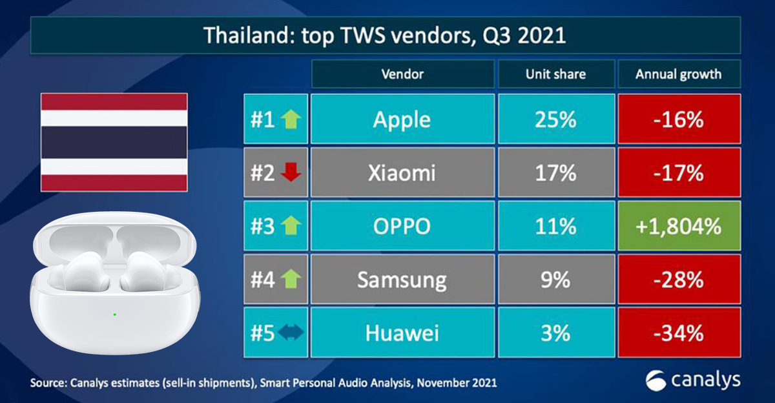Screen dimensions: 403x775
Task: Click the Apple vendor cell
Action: click(402, 119)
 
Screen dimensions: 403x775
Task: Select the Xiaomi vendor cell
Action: click(402, 173)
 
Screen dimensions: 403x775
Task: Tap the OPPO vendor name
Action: click(402, 226)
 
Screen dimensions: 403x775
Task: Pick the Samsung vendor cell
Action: click(402, 280)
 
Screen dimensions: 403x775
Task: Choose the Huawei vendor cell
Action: click(402, 333)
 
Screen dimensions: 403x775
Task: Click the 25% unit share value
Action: click(555, 119)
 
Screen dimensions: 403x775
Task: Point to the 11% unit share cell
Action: click(555, 226)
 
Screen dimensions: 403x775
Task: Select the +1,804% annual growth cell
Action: click(678, 226)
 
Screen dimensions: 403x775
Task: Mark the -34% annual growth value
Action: click(678, 333)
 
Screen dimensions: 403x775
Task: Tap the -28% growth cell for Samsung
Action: click(678, 280)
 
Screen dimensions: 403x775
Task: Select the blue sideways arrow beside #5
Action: click(289, 333)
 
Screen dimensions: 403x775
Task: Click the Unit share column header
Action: click(555, 74)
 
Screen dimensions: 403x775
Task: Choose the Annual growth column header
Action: click(678, 74)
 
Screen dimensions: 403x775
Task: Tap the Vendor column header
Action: click(402, 74)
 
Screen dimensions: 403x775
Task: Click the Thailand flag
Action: click(114, 142)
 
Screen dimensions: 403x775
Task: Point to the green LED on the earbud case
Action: click(114, 315)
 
